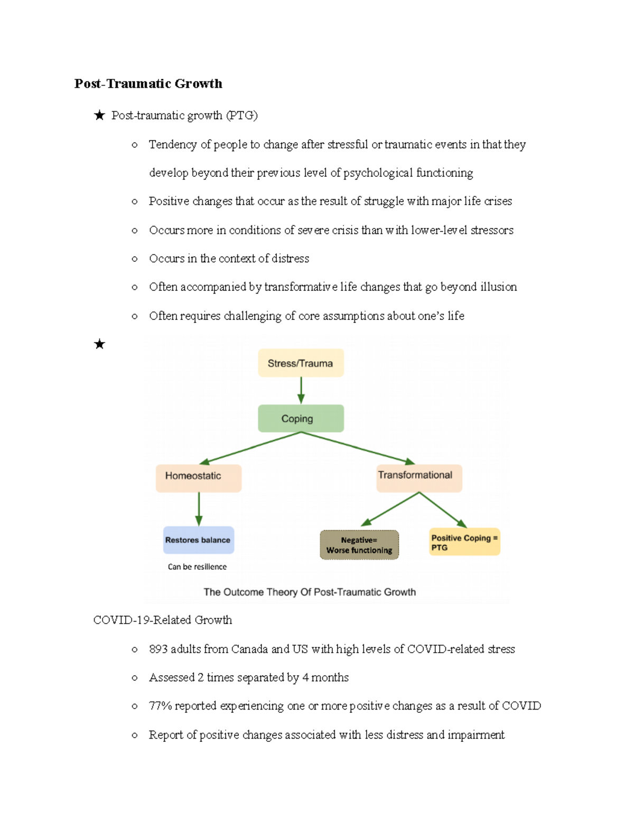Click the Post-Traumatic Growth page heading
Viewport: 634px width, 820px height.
(x=148, y=83)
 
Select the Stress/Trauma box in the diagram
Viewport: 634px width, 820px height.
(x=301, y=363)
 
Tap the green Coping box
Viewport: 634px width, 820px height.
(x=301, y=419)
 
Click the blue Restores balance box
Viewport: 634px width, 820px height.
(x=198, y=540)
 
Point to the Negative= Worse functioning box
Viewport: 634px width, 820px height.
(x=359, y=545)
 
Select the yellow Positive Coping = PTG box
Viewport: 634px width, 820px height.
(x=464, y=542)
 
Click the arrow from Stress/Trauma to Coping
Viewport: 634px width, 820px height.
(x=301, y=391)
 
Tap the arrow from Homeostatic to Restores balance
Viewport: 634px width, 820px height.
(x=199, y=509)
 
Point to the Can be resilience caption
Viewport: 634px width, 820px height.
(x=197, y=567)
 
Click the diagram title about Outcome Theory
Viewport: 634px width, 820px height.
(x=310, y=592)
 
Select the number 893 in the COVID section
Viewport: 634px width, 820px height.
(x=158, y=649)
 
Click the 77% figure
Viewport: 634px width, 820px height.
(x=160, y=706)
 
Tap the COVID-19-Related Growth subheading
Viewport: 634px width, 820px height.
(x=163, y=620)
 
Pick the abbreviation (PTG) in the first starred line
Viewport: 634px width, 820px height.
(x=242, y=115)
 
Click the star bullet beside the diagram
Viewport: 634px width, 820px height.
(x=99, y=344)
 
